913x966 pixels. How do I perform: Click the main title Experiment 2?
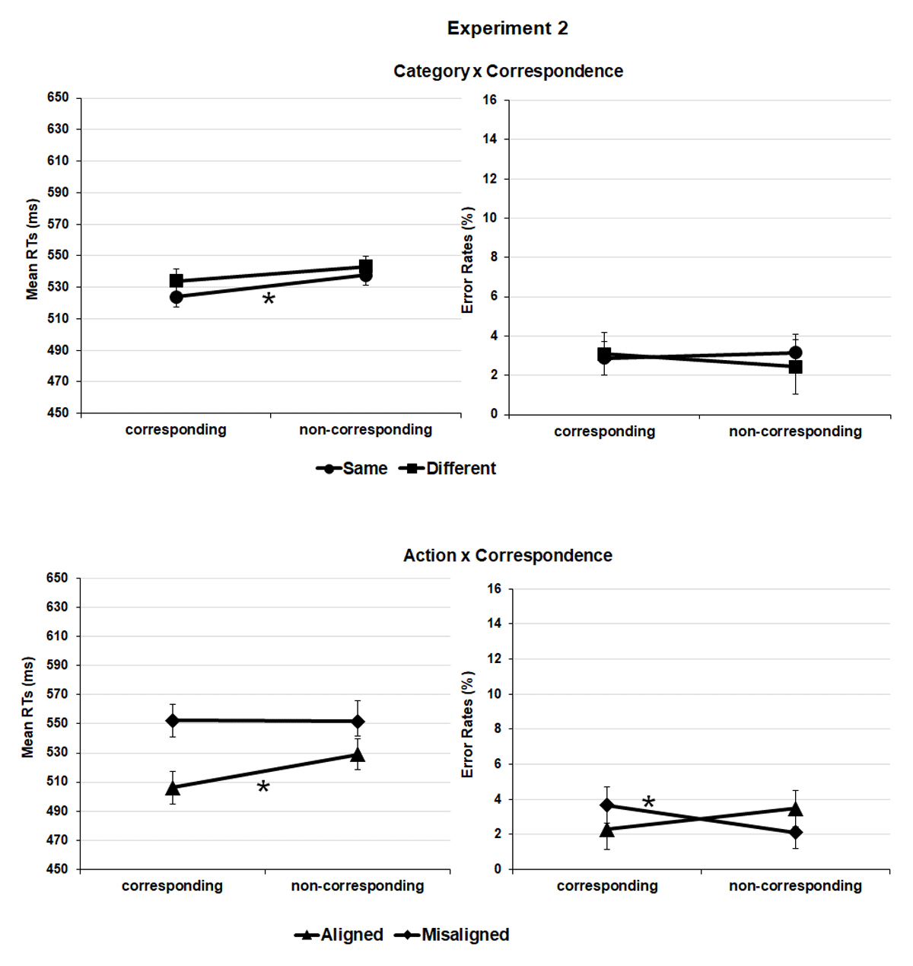click(507, 29)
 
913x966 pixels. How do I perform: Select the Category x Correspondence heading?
click(507, 72)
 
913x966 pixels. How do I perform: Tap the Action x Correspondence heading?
click(507, 556)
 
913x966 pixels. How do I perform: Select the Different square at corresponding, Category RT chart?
click(177, 281)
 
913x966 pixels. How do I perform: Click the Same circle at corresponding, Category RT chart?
click(177, 297)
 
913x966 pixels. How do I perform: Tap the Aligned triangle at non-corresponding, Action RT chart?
click(358, 754)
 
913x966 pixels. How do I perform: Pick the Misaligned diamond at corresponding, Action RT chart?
click(173, 720)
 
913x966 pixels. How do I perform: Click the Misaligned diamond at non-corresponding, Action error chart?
click(795, 832)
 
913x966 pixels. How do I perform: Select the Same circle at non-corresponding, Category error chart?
click(795, 352)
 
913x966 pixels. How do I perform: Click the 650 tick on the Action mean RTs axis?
click(58, 578)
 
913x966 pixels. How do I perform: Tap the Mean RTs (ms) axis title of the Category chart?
click(32, 250)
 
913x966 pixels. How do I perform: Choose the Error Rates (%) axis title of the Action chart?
click(467, 725)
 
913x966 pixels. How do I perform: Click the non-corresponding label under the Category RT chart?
click(365, 430)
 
